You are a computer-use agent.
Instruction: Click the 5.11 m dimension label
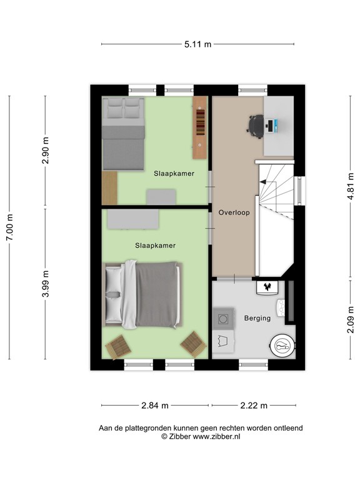(x=197, y=44)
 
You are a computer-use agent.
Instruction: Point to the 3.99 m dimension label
(x=45, y=284)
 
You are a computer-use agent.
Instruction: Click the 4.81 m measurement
(x=350, y=187)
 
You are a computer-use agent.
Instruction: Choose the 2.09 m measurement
(x=350, y=319)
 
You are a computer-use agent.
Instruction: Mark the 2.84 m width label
(x=155, y=406)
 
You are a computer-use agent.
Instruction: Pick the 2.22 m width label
(x=254, y=406)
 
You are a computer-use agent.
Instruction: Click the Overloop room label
(x=234, y=212)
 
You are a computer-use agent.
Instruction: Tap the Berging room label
(x=257, y=318)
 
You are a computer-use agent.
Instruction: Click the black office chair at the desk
(x=256, y=124)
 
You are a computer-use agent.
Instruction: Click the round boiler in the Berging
(x=282, y=346)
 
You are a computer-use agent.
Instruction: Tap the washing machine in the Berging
(x=223, y=319)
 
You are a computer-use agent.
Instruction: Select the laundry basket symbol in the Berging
(x=222, y=342)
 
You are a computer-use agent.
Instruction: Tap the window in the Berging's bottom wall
(x=254, y=364)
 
